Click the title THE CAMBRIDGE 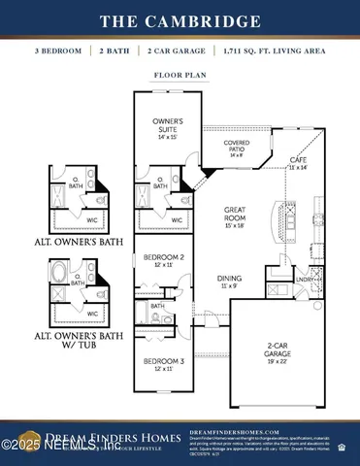(x=180, y=20)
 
